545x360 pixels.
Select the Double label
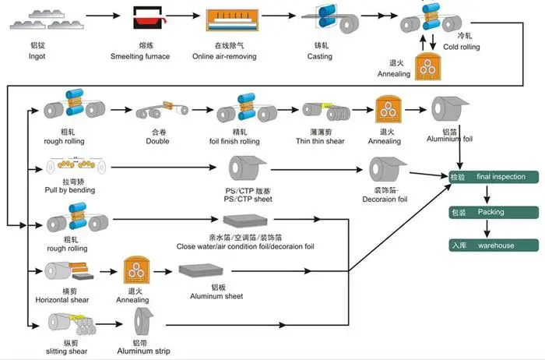157,141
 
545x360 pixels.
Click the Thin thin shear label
321,141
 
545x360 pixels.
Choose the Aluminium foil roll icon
448,110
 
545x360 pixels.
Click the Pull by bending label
71,190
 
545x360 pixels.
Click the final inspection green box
493,177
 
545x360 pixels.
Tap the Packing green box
493,211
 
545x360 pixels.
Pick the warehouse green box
493,245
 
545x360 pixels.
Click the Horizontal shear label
68,299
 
